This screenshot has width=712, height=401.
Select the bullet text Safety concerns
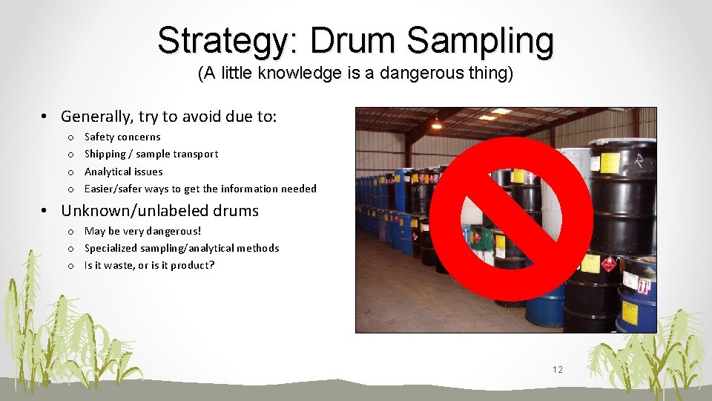tap(122, 137)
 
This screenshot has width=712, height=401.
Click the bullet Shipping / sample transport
tap(151, 154)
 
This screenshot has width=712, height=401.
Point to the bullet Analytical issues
tap(123, 172)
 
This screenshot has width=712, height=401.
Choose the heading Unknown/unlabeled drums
tap(159, 210)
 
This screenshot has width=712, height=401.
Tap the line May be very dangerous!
tap(142, 231)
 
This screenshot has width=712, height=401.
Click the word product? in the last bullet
tap(192, 265)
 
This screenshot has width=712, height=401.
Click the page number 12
tap(558, 370)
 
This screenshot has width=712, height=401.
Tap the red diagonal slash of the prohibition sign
tap(511, 218)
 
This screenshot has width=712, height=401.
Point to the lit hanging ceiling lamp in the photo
tap(436, 122)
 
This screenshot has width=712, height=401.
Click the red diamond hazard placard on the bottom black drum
tap(609, 264)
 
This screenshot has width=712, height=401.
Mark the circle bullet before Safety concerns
tap(70, 137)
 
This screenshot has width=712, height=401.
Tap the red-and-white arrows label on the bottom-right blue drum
tap(645, 286)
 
